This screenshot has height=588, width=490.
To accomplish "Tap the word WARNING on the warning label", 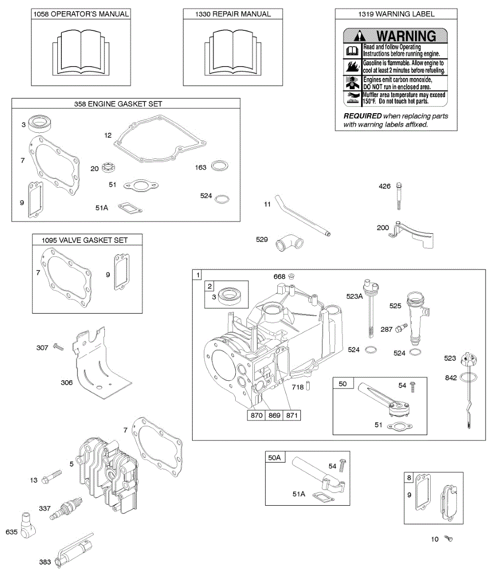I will [x=406, y=36].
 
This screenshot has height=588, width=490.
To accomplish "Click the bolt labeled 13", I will [x=53, y=476].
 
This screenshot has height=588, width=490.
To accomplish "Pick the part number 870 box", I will [x=255, y=416].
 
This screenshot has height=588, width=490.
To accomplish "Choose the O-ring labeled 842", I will [x=469, y=377].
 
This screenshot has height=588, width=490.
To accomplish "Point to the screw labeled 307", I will [x=59, y=347].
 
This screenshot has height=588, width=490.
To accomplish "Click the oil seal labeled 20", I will [x=108, y=169].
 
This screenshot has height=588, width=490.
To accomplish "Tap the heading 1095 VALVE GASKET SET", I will [x=87, y=240].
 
